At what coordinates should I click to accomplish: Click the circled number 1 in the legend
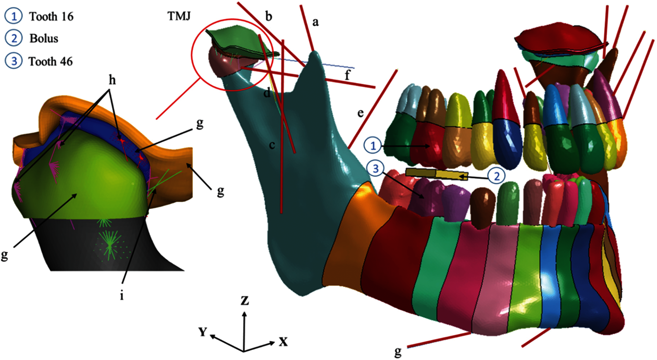tap(14, 16)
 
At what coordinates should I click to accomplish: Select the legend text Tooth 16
tap(52, 17)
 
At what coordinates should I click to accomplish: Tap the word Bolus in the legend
tap(44, 38)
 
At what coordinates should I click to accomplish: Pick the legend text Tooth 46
tap(51, 62)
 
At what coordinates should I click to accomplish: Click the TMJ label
tap(179, 16)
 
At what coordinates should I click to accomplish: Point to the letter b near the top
tap(268, 16)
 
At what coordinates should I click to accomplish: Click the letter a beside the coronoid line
tap(315, 22)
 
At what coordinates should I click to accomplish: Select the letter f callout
tap(347, 75)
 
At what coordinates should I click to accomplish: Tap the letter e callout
tap(361, 113)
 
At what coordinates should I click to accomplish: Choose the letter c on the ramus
tap(272, 145)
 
